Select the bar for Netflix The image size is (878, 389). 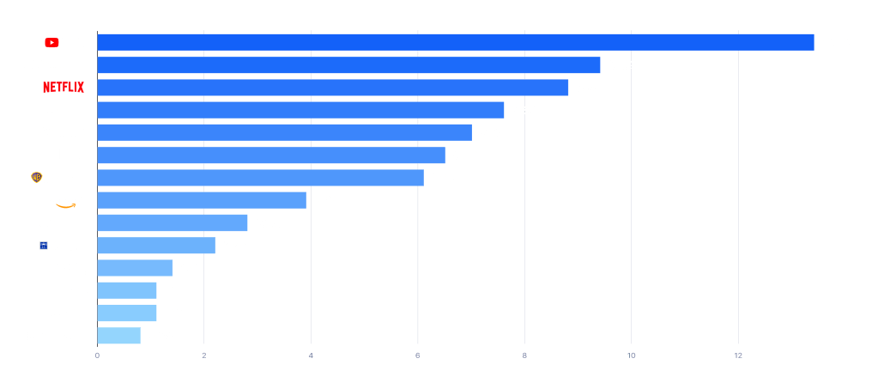pyautogui.click(x=333, y=88)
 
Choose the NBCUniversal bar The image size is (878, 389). pyautogui.click(x=300, y=110)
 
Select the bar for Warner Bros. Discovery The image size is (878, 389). pyautogui.click(x=260, y=178)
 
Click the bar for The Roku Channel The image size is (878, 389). pyautogui.click(x=173, y=223)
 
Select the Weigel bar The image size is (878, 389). pyautogui.click(x=135, y=268)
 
